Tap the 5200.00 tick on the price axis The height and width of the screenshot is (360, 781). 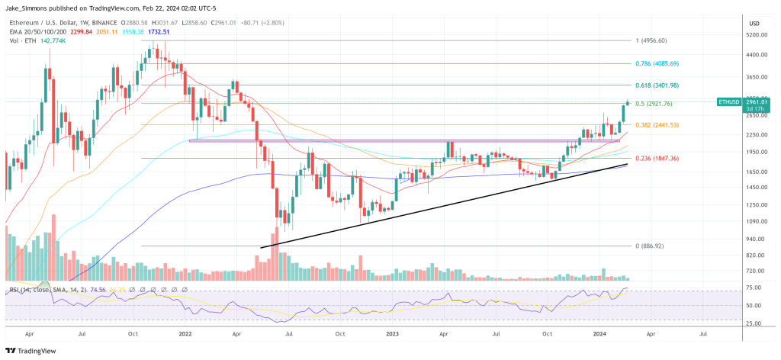pyautogui.click(x=757, y=35)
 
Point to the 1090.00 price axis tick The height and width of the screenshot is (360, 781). pyautogui.click(x=757, y=221)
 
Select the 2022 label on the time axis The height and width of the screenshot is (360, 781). pyautogui.click(x=185, y=333)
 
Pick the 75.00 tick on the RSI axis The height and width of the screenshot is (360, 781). pyautogui.click(x=755, y=288)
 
